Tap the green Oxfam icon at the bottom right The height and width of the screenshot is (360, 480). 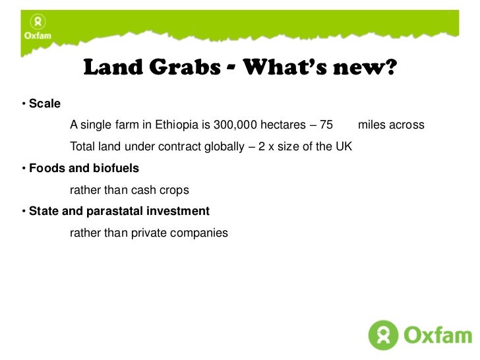383,335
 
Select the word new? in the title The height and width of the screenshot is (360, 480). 367,68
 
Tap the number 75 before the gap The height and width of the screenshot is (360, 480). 326,125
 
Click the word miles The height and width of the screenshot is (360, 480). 371,125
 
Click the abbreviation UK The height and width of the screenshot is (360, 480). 344,146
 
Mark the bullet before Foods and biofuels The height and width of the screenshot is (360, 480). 23,169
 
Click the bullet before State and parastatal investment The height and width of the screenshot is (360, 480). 23,212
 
